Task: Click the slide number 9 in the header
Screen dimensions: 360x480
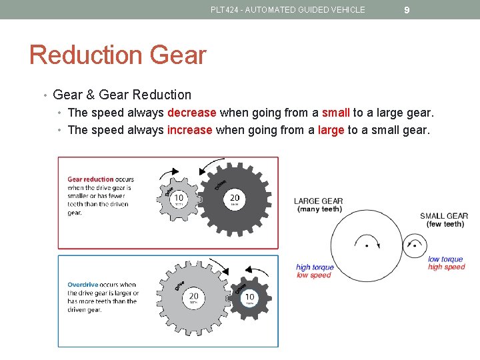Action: pyautogui.click(x=407, y=10)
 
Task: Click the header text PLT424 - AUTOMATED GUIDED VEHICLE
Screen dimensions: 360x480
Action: pyautogui.click(x=287, y=10)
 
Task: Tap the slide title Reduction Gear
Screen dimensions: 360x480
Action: pyautogui.click(x=117, y=55)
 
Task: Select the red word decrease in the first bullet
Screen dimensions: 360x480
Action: pyautogui.click(x=192, y=113)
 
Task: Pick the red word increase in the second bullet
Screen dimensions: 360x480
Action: pyautogui.click(x=190, y=130)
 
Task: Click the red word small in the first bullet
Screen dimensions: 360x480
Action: pyautogui.click(x=336, y=113)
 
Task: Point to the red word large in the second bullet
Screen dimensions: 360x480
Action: pyautogui.click(x=331, y=130)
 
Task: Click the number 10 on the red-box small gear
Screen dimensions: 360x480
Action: pyautogui.click(x=179, y=198)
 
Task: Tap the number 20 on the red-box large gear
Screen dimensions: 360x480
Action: pyautogui.click(x=235, y=198)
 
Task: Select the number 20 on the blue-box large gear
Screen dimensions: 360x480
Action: pyautogui.click(x=193, y=296)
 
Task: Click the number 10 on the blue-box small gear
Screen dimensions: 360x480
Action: pyautogui.click(x=249, y=297)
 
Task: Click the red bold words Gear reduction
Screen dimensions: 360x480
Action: pyautogui.click(x=91, y=179)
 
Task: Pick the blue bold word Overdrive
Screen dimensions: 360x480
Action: pyautogui.click(x=83, y=285)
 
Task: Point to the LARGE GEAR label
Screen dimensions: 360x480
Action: pyautogui.click(x=319, y=201)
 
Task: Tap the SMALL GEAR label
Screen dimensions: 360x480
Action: pyautogui.click(x=444, y=216)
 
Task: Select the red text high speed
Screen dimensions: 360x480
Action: pyautogui.click(x=446, y=267)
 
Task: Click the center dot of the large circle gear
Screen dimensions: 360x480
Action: pyautogui.click(x=366, y=245)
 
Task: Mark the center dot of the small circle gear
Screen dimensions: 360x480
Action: pyautogui.click(x=415, y=245)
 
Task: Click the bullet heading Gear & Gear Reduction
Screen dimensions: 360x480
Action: pyautogui.click(x=121, y=95)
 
